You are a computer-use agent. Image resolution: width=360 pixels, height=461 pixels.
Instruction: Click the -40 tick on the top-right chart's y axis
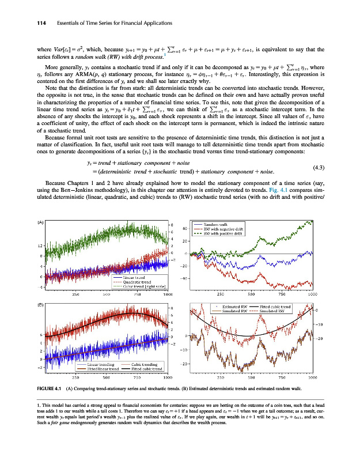point(185,278)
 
